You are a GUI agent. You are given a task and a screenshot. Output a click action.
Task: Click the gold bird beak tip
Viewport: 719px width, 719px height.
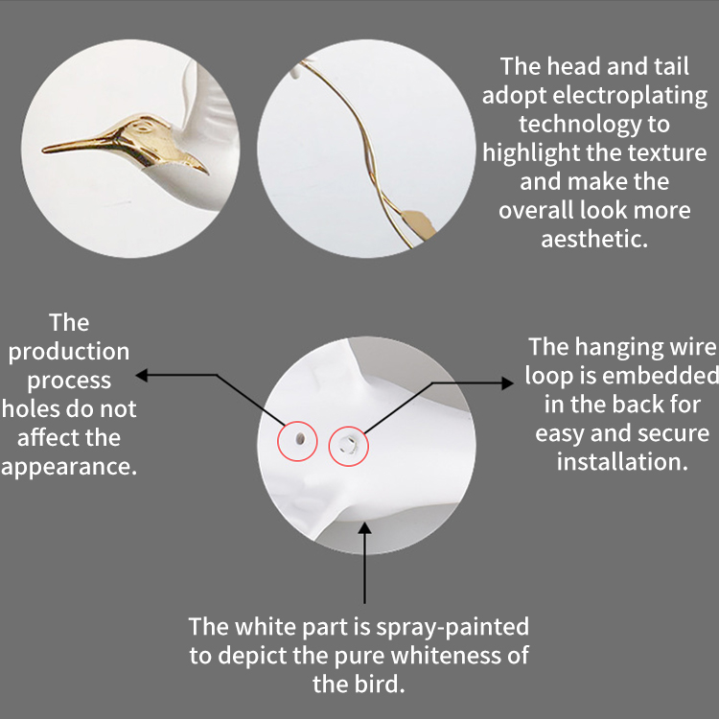[43, 150]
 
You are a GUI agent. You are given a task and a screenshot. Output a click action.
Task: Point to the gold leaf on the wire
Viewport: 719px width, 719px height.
[419, 224]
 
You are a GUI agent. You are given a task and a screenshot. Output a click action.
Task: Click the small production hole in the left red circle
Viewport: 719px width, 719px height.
[300, 439]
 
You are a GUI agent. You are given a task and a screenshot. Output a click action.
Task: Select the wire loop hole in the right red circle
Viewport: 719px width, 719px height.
[348, 445]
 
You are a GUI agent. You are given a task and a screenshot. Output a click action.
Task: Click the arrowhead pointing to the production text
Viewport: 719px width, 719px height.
[141, 375]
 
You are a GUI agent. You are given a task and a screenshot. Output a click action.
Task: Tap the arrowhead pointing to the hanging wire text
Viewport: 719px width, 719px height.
[507, 383]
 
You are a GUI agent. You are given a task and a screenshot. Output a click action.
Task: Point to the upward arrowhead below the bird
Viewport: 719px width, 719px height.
[364, 528]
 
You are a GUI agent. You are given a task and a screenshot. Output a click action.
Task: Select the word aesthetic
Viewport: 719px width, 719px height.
[594, 239]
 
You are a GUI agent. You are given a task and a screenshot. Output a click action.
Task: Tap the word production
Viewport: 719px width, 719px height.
[69, 352]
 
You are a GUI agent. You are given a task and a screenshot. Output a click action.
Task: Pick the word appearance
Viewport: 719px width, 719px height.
[69, 467]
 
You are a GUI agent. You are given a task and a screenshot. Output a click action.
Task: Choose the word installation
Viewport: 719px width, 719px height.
[622, 461]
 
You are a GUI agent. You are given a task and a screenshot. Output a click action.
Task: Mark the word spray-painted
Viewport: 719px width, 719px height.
[452, 627]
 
